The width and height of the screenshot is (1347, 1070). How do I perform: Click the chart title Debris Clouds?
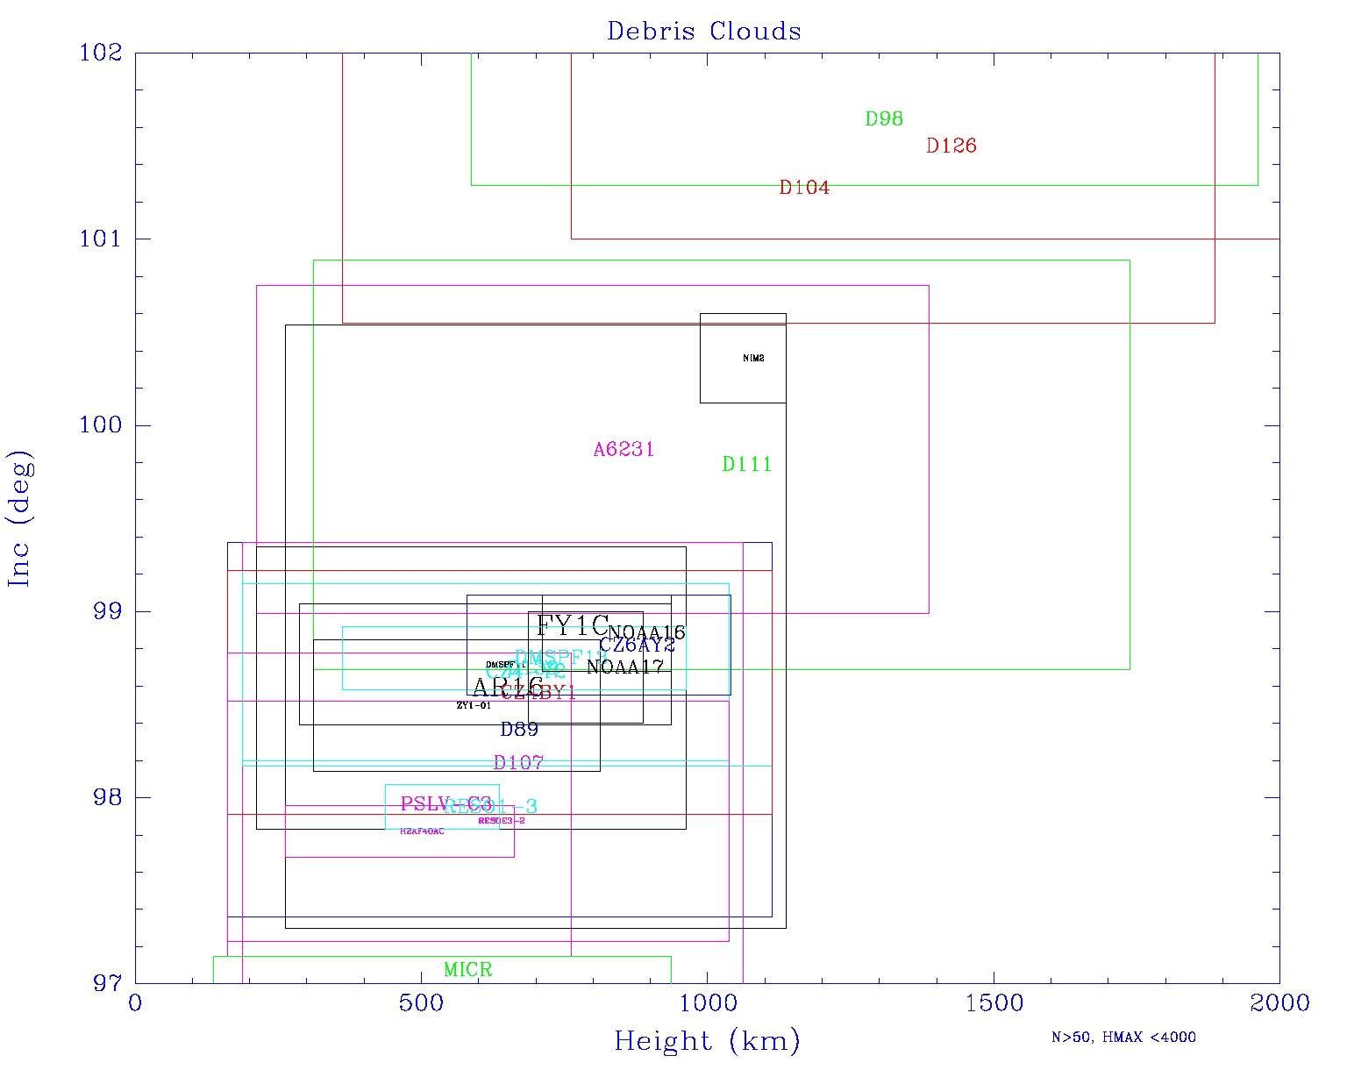pyautogui.click(x=704, y=32)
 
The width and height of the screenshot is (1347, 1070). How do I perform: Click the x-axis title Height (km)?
pyautogui.click(x=707, y=1041)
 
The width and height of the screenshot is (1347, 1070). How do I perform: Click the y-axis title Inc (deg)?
pyautogui.click(x=19, y=518)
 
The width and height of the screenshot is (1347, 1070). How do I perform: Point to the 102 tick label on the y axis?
pyautogui.click(x=100, y=53)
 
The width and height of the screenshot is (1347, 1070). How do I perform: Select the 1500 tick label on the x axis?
pyautogui.click(x=994, y=1003)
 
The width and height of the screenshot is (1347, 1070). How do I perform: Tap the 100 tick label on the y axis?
pyautogui.click(x=100, y=425)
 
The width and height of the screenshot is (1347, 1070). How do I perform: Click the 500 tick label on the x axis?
pyautogui.click(x=421, y=1003)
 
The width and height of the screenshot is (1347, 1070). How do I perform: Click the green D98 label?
pyautogui.click(x=884, y=119)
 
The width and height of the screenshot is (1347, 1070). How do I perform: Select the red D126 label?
pyautogui.click(x=951, y=146)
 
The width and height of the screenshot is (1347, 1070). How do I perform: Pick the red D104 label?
pyautogui.click(x=804, y=188)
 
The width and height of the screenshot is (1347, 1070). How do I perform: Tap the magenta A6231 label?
pyautogui.click(x=624, y=450)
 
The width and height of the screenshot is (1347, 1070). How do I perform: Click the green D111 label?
pyautogui.click(x=747, y=465)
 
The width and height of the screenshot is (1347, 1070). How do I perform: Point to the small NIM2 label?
pyautogui.click(x=753, y=359)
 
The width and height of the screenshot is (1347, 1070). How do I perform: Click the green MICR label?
pyautogui.click(x=468, y=970)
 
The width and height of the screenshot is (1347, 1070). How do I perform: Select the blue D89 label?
pyautogui.click(x=519, y=730)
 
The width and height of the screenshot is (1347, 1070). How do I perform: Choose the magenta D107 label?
pyautogui.click(x=518, y=763)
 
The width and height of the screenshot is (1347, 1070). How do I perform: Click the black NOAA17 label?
pyautogui.click(x=625, y=667)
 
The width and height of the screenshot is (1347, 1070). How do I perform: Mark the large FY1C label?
pyautogui.click(x=572, y=626)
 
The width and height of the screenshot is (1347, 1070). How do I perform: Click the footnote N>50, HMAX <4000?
pyautogui.click(x=1123, y=1038)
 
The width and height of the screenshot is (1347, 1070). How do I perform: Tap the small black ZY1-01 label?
pyautogui.click(x=474, y=706)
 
